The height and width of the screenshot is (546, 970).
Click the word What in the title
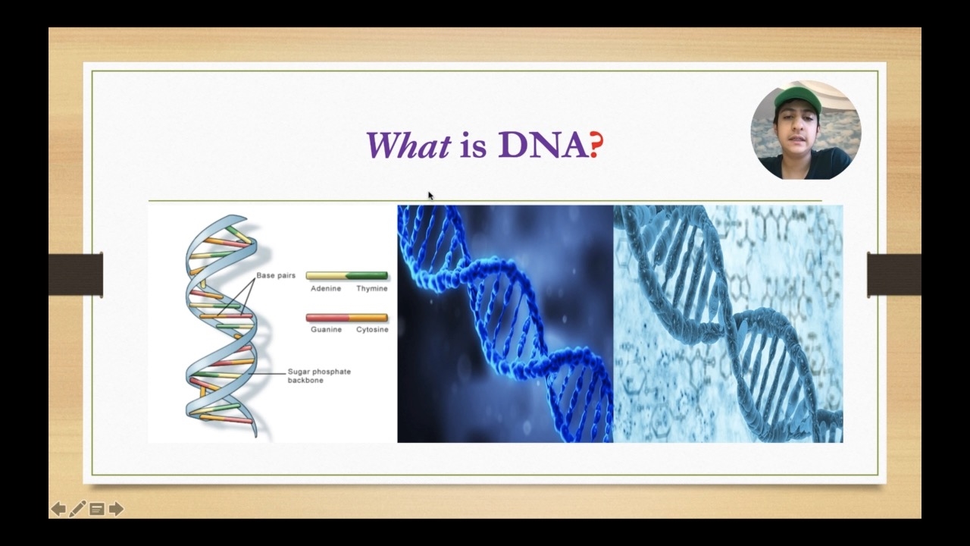(x=408, y=146)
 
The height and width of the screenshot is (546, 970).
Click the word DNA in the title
(x=543, y=145)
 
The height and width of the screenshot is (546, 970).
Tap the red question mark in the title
(x=596, y=145)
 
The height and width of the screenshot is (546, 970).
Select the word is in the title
(x=474, y=146)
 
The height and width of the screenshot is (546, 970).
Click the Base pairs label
(x=276, y=275)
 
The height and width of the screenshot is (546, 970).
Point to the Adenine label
(x=326, y=289)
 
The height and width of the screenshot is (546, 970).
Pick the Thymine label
(x=372, y=289)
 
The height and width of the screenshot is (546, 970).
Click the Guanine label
(x=326, y=330)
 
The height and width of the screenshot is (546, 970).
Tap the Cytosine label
(x=372, y=330)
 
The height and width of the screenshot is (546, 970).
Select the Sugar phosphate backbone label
(x=319, y=375)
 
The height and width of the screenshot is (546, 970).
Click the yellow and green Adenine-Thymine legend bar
(x=347, y=275)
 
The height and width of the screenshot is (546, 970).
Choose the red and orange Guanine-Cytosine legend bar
(x=347, y=318)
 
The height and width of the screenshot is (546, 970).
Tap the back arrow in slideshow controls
(x=58, y=509)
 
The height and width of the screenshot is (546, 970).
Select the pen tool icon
(x=77, y=509)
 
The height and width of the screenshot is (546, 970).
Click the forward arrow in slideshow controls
(x=116, y=509)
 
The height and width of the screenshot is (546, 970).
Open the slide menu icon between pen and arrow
(x=97, y=509)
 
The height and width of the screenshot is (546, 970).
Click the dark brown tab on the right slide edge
(x=893, y=275)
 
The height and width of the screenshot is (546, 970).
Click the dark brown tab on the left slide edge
(x=76, y=275)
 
